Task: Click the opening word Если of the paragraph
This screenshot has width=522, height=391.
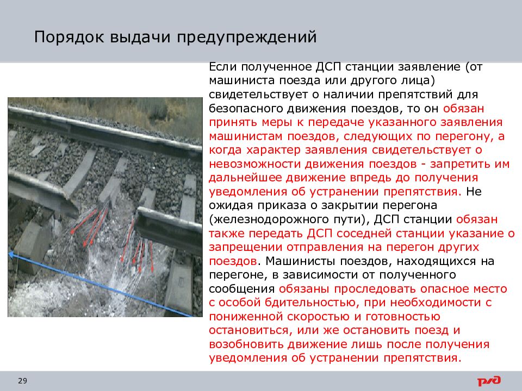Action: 221,67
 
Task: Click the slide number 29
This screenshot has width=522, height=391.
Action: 22,381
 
